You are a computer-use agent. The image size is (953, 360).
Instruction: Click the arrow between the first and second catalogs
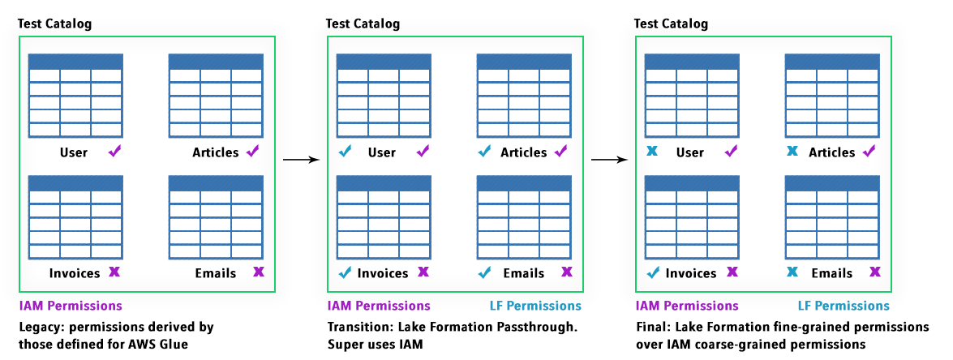click(x=301, y=160)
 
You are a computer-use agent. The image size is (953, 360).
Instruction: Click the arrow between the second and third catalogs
click(x=610, y=160)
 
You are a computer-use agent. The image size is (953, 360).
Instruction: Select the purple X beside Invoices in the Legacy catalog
click(x=114, y=272)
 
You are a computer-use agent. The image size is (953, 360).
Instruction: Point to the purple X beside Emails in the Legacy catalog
click(x=258, y=272)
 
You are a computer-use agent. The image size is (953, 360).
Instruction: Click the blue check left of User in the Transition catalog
click(x=345, y=152)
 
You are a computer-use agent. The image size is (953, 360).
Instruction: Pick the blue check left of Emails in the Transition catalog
click(x=485, y=272)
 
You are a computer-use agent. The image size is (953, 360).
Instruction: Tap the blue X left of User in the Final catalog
click(x=652, y=152)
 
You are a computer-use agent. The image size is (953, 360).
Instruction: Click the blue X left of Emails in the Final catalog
click(x=792, y=272)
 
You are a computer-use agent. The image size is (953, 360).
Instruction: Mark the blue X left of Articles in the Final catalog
click(x=792, y=152)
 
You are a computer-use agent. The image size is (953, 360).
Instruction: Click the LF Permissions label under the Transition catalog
click(x=535, y=306)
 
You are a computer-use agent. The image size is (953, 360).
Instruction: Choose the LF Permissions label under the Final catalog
click(x=844, y=306)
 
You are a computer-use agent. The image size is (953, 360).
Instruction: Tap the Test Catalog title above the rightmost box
click(x=671, y=24)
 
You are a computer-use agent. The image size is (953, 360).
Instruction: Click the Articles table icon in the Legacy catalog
click(x=216, y=96)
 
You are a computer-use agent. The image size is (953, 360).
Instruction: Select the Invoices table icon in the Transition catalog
click(x=383, y=216)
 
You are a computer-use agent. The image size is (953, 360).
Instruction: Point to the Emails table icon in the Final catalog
click(x=831, y=216)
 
